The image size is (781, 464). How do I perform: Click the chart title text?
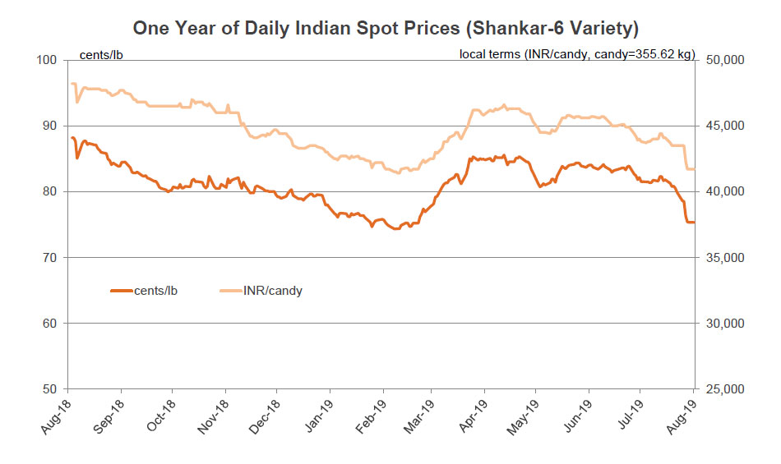click(386, 29)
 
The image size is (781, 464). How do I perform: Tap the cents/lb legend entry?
click(143, 290)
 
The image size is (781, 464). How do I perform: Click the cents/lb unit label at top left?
click(100, 55)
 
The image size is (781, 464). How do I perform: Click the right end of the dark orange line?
click(694, 223)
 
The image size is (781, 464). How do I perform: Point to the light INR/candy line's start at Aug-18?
click(72, 84)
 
